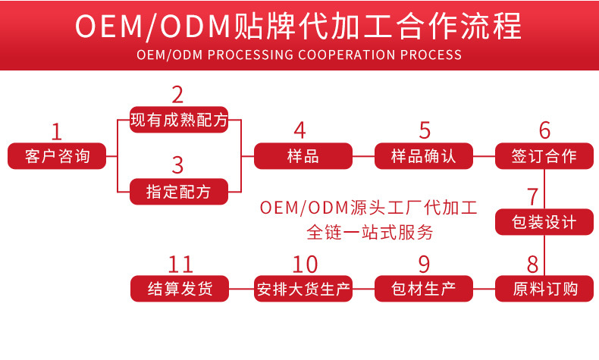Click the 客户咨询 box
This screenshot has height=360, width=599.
(x=57, y=156)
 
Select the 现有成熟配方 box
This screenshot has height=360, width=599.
(x=179, y=120)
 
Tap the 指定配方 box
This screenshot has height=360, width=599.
(x=179, y=192)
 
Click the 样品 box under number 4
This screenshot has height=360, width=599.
(x=303, y=156)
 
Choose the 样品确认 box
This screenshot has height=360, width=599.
(x=424, y=156)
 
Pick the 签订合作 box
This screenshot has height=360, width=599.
(x=545, y=156)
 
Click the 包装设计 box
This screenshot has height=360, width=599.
(x=545, y=222)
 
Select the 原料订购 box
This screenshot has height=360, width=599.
(x=545, y=289)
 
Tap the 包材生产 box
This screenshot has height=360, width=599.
(x=424, y=289)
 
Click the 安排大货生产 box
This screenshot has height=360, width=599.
(x=303, y=289)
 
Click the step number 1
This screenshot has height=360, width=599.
(x=56, y=131)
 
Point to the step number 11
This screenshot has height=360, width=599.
(x=180, y=264)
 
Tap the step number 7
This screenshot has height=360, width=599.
(x=533, y=196)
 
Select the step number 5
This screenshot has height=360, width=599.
(x=425, y=130)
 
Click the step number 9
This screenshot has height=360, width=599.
(x=424, y=264)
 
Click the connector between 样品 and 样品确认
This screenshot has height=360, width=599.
(x=364, y=156)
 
